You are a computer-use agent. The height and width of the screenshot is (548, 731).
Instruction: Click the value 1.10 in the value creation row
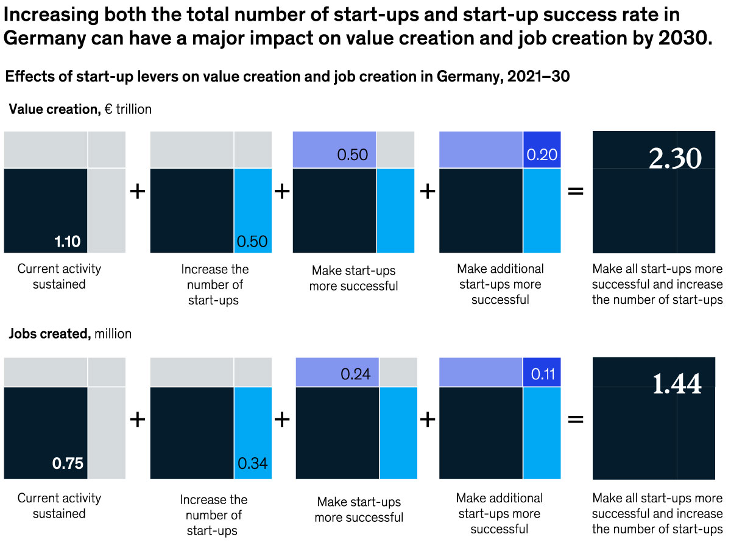coord(67,242)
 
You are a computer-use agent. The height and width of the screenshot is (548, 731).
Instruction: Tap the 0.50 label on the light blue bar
coord(252,242)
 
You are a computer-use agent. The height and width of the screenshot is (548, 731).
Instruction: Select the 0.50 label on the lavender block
coord(352,155)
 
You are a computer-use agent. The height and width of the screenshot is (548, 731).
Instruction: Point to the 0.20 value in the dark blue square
coord(542,155)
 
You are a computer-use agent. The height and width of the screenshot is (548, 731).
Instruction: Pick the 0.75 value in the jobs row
coord(67,463)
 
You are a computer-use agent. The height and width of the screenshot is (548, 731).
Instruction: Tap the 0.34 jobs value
coord(252,463)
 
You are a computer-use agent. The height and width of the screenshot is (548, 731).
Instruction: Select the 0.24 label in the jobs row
coord(356,374)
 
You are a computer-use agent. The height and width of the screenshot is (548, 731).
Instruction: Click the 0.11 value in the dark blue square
coord(542,374)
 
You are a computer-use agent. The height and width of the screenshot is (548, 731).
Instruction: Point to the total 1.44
coord(677,384)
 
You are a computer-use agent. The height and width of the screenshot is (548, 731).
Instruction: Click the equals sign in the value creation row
coord(576,192)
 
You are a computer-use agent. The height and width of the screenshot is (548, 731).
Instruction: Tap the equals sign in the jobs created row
coord(576,420)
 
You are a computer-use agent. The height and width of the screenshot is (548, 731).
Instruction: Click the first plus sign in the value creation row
coord(138,192)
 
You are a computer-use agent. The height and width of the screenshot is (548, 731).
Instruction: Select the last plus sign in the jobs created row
coord(428,420)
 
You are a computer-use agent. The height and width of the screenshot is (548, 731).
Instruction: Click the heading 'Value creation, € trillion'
coord(80,110)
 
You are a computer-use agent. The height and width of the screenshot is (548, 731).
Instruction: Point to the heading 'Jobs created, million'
coord(70,334)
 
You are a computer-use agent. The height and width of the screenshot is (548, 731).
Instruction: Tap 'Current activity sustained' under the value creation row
coord(59,276)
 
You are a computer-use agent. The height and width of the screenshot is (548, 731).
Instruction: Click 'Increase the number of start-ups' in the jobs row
coord(213,515)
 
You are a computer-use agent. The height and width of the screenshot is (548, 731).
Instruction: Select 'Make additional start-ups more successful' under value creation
coord(500,284)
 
